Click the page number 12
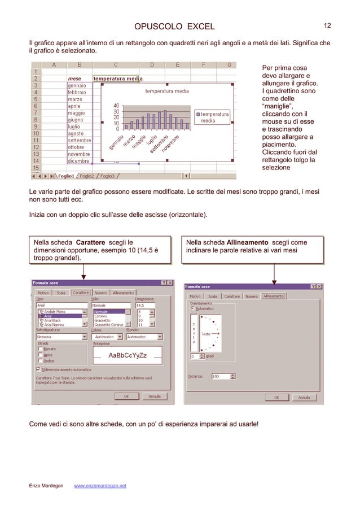tap(327, 25)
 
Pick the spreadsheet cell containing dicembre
tap(77, 160)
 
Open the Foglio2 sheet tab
tap(86, 176)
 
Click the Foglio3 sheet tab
tap(107, 176)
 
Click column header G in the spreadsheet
tap(229, 64)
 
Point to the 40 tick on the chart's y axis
tap(116, 105)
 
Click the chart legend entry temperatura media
tap(214, 117)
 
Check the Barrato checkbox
tap(40, 349)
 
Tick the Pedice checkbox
tap(40, 361)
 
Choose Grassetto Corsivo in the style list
tap(109, 325)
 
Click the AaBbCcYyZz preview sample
tap(128, 355)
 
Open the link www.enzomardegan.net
tap(100, 486)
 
